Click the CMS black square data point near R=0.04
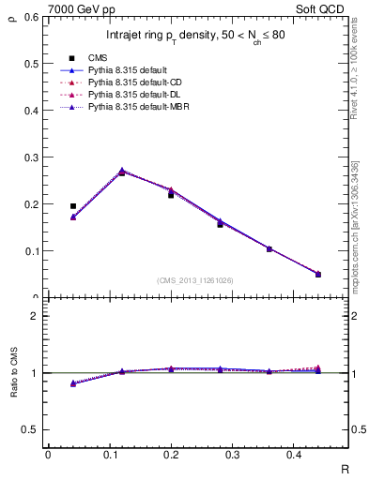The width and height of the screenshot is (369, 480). (x=73, y=205)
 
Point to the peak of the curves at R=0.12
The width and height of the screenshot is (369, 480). (x=122, y=171)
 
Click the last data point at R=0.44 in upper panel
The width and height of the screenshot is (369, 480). (x=318, y=274)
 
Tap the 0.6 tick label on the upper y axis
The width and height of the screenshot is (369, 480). (x=34, y=17)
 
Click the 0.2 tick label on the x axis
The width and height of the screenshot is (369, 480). (x=171, y=454)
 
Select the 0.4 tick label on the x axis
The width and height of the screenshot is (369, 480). (x=293, y=454)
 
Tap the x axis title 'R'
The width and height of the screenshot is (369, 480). (x=345, y=466)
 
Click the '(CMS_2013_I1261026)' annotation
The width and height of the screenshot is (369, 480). (x=196, y=279)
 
